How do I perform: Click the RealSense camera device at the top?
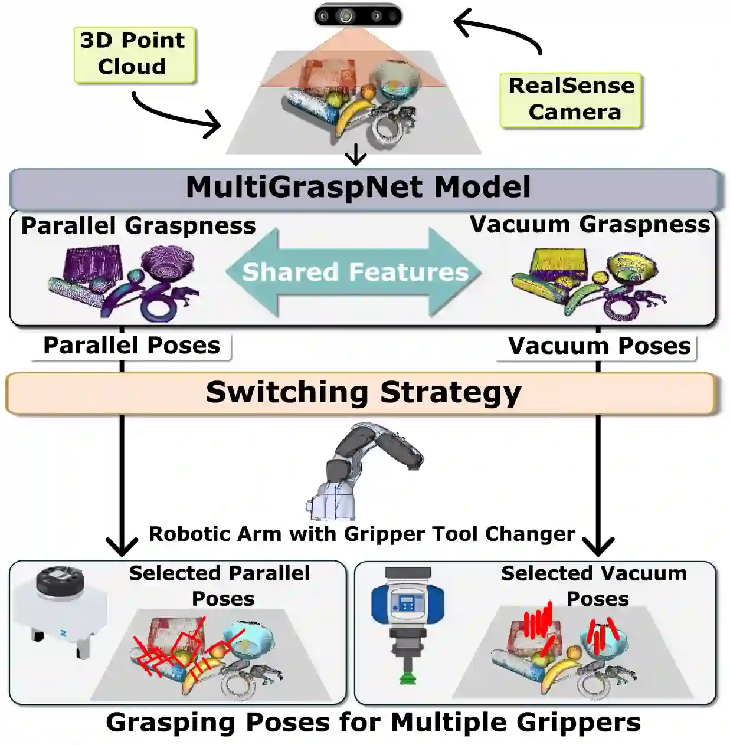(358, 16)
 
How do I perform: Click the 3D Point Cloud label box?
(134, 54)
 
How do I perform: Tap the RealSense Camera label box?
(571, 100)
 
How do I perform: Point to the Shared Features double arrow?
(354, 272)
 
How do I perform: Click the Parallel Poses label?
(132, 346)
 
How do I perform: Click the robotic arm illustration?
(363, 472)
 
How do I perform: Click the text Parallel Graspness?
(138, 226)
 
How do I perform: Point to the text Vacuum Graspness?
(590, 225)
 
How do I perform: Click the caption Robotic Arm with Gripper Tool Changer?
(362, 534)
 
